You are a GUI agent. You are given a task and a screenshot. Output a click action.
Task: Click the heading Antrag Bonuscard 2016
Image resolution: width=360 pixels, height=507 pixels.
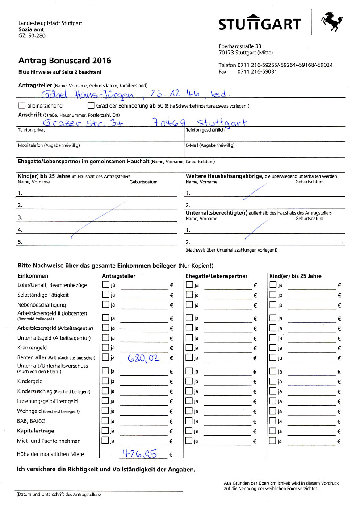65,61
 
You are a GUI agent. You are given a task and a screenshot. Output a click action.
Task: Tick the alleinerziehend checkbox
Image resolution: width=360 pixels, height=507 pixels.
22,106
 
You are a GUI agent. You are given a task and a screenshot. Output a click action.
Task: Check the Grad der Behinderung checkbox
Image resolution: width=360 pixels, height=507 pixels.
91,106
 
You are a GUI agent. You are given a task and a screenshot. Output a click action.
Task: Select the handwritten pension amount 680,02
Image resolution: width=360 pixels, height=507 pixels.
142,357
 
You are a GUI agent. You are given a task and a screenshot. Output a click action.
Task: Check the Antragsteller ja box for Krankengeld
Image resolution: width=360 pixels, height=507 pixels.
105,347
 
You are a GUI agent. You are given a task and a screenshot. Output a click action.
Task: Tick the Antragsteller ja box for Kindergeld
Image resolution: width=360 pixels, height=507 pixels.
105,381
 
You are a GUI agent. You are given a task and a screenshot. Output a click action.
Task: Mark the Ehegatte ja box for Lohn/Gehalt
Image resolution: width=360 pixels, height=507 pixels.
189,285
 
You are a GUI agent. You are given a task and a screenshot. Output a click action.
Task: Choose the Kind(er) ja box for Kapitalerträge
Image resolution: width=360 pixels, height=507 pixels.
273,431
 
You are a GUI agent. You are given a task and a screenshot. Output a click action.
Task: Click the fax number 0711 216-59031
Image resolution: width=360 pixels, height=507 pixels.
257,71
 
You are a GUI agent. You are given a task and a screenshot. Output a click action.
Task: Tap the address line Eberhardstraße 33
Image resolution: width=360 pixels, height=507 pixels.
240,46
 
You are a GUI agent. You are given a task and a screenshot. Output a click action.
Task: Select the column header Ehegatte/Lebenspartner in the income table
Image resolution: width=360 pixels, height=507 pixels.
216,276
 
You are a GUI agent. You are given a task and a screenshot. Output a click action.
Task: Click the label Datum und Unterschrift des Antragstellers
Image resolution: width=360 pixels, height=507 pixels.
59,495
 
